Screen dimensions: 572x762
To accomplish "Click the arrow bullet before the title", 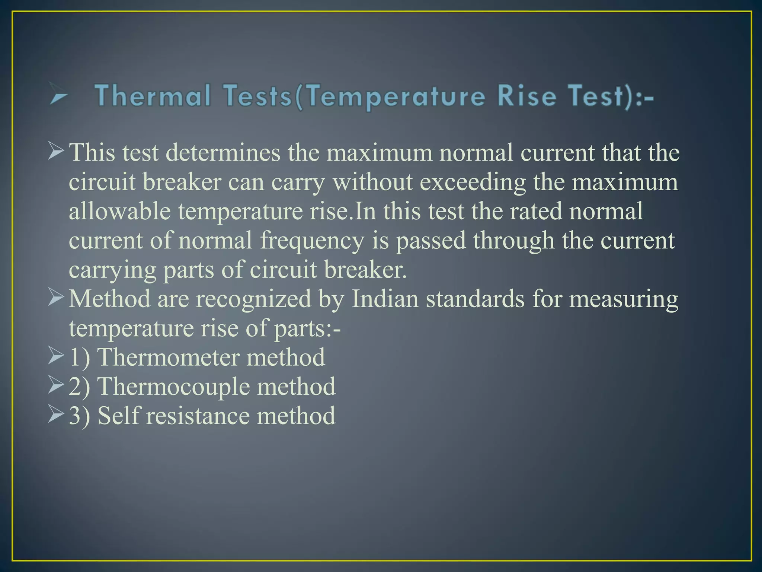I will (x=59, y=96).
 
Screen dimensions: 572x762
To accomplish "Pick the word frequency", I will (x=312, y=241).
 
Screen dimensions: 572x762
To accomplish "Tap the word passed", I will (x=430, y=241).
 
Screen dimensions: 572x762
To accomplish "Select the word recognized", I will (x=253, y=299).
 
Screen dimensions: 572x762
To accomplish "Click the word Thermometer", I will (x=168, y=357).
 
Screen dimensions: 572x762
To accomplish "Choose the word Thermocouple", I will (x=173, y=387).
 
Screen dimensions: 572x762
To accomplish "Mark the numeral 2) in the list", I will (x=79, y=387).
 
